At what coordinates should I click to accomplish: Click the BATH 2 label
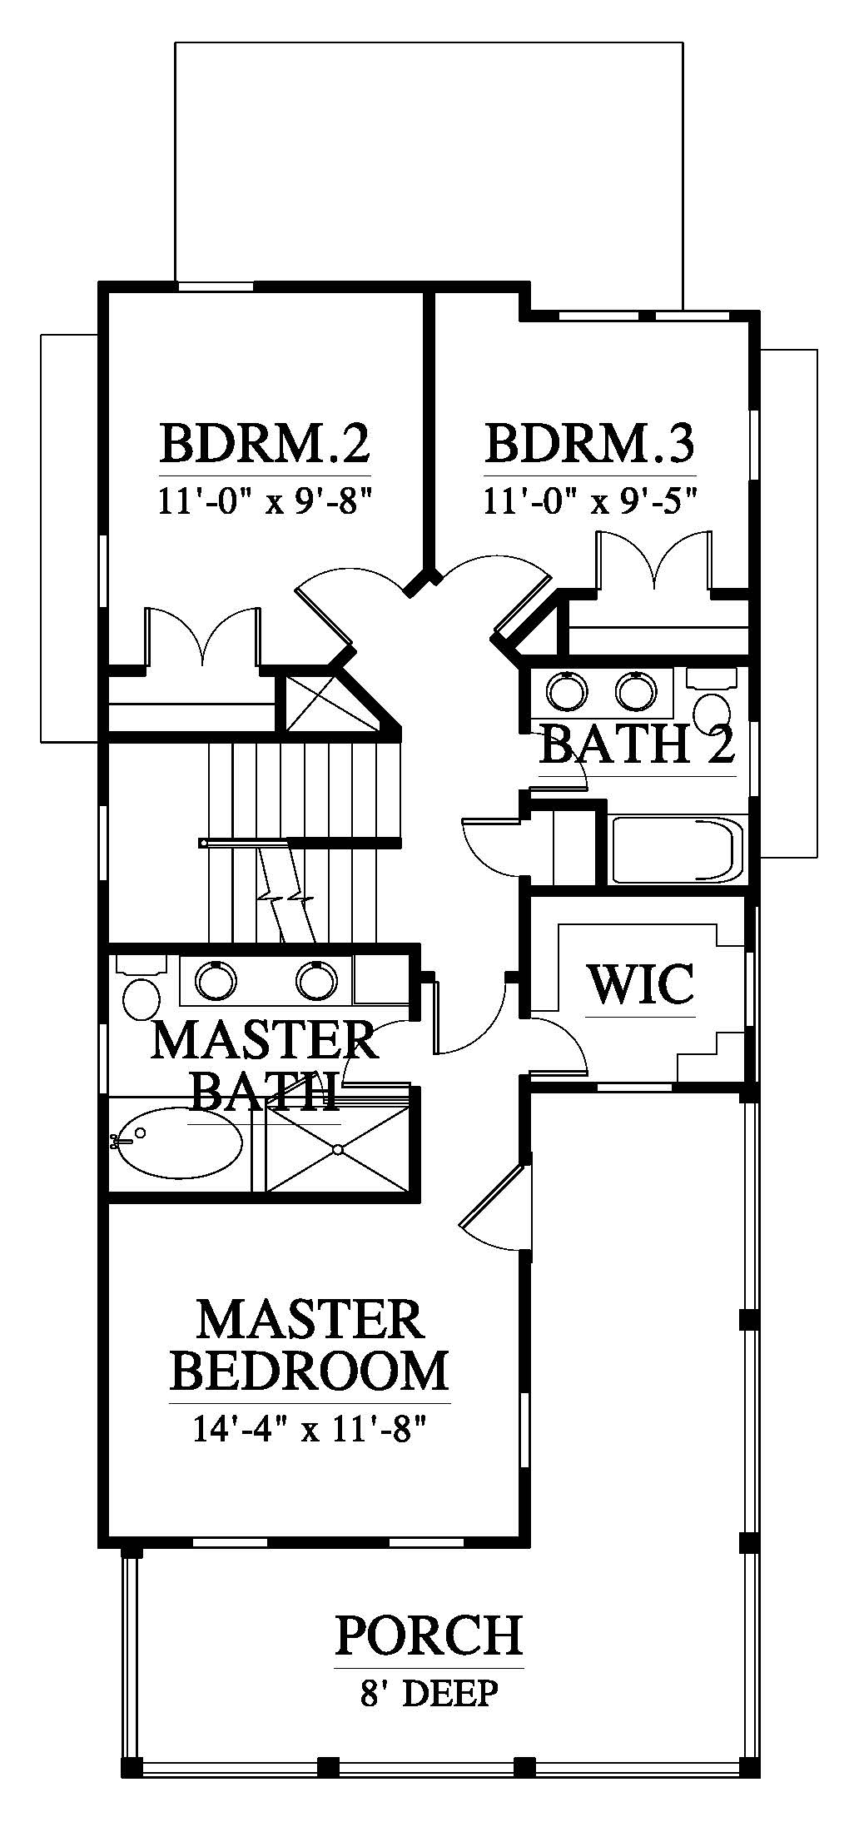tap(638, 744)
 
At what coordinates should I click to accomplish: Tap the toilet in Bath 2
tap(711, 699)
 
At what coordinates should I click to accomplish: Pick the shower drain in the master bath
tap(338, 1150)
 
